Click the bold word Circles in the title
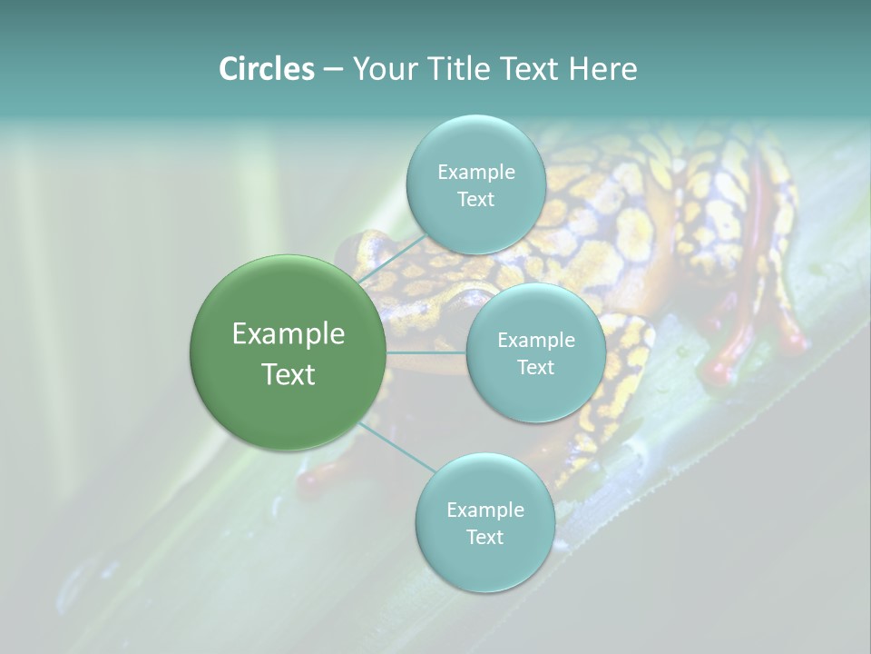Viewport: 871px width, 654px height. point(267,69)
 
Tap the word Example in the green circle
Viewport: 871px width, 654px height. point(289,334)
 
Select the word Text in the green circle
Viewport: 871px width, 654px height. point(289,374)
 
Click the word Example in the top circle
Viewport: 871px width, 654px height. point(476,172)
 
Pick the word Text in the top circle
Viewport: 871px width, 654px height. point(475,200)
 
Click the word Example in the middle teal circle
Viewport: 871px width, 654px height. point(536,341)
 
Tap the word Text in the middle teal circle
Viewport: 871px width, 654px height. point(535,368)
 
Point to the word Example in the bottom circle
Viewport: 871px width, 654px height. point(485,510)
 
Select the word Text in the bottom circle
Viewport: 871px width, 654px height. point(484,538)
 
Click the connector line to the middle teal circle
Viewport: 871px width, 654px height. point(426,352)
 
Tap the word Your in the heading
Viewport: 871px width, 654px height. point(382,69)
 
